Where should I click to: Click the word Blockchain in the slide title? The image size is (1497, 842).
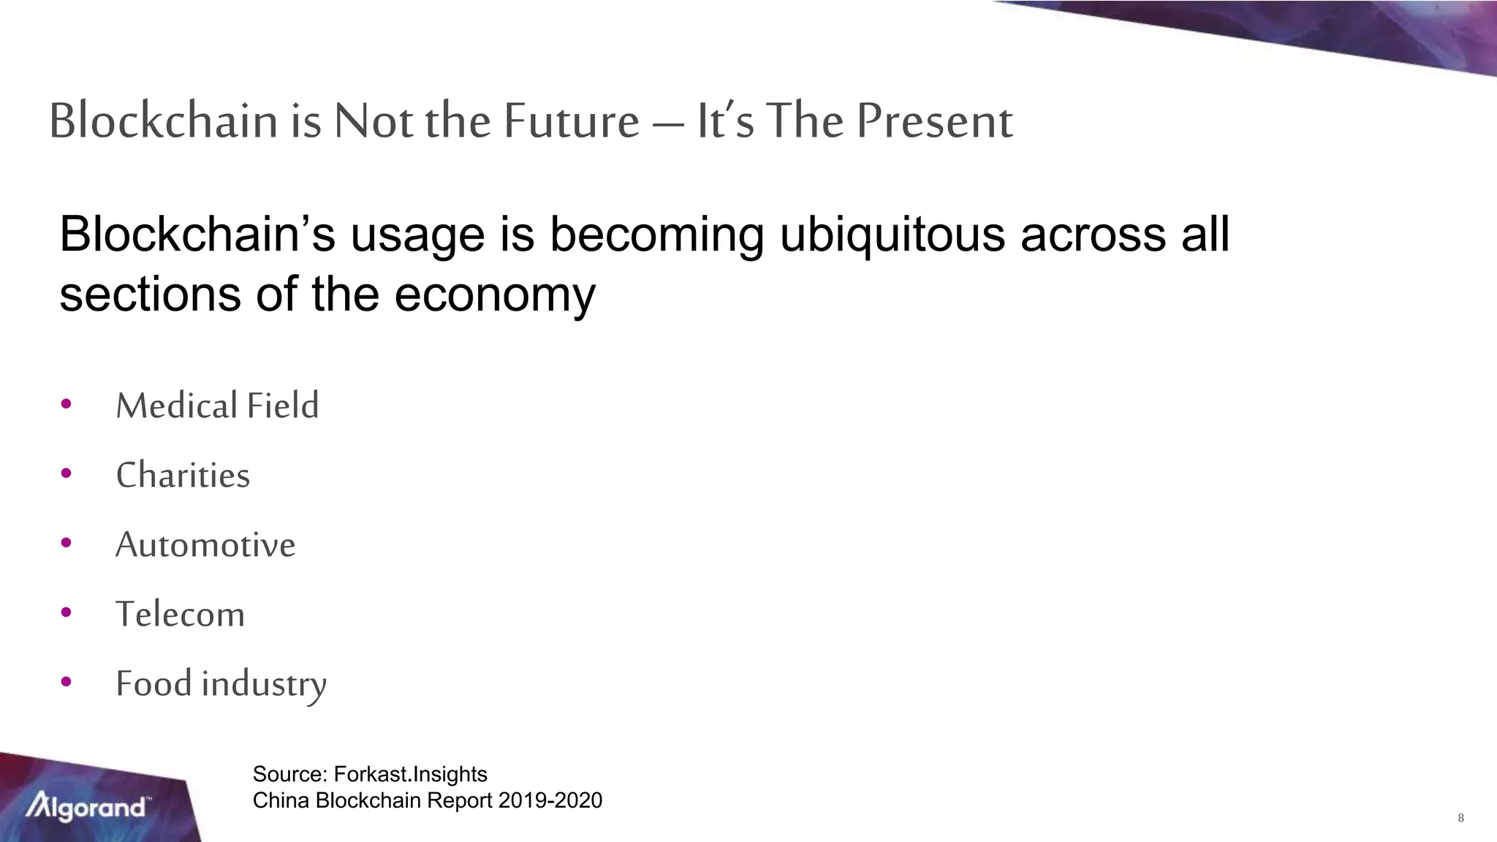163,121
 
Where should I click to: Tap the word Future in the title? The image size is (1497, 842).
572,121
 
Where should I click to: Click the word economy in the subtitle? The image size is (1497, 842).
495,295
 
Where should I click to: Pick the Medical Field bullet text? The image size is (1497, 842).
217,406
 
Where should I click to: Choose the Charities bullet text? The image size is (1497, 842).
183,475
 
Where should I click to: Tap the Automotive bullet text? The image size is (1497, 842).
205,545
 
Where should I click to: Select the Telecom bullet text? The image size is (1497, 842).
180,614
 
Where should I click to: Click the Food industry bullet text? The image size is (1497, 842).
221,684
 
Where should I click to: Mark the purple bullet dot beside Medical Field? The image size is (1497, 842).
67,403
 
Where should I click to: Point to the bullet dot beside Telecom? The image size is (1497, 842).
67,612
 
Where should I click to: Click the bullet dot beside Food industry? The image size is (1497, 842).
67,682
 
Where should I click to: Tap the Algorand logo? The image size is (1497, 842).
86,806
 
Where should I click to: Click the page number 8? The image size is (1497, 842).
1460,818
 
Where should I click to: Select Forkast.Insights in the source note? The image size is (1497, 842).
410,774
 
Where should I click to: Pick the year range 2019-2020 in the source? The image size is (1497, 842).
550,800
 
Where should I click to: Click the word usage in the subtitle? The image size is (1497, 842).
417,235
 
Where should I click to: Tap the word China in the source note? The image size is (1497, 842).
281,800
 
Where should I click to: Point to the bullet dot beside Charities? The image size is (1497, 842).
67,473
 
